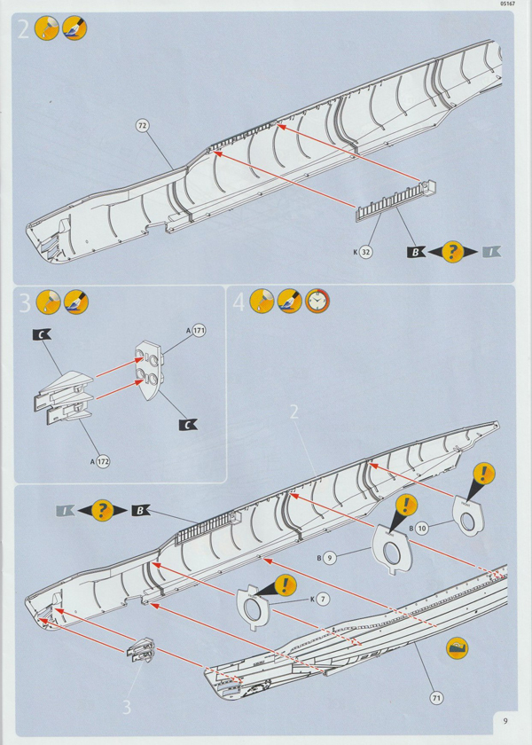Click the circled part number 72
point(143,125)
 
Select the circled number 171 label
point(199,330)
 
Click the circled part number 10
point(421,528)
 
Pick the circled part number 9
point(329,559)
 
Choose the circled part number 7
point(323,600)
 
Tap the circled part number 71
point(436,698)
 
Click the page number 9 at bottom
point(504,720)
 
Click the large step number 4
point(238,302)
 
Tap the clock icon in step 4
point(317,302)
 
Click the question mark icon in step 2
point(453,251)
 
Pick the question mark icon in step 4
point(103,510)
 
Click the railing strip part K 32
point(395,200)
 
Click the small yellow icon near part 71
point(457,648)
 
